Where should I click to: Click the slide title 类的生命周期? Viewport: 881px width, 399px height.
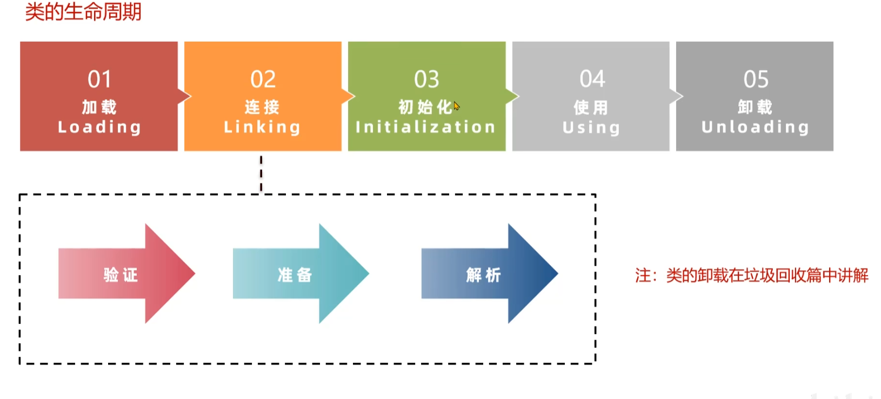(x=83, y=11)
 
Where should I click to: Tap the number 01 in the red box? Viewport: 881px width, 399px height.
(x=99, y=80)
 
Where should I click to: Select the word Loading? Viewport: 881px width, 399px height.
(x=99, y=127)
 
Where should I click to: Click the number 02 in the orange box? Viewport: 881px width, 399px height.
(x=263, y=80)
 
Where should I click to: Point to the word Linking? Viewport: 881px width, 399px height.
(x=262, y=127)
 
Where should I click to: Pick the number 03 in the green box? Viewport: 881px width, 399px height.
(x=426, y=80)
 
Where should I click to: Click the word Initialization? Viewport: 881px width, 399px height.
(x=425, y=127)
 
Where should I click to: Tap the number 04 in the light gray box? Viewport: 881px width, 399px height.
(x=592, y=79)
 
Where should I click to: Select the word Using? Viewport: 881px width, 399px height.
(x=591, y=128)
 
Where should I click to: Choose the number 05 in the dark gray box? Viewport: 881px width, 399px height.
(x=756, y=80)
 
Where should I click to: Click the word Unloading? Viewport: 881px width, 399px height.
(x=755, y=127)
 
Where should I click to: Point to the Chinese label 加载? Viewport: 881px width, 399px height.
(x=99, y=107)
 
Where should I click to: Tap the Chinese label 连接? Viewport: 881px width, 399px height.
(x=262, y=107)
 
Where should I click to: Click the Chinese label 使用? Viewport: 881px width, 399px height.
(x=591, y=108)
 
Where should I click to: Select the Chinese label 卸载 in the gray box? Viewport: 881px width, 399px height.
(x=755, y=107)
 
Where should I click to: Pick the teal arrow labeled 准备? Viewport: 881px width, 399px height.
(x=299, y=274)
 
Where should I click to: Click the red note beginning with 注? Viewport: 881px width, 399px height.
(x=751, y=276)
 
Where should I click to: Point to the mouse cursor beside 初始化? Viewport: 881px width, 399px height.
(x=457, y=106)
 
